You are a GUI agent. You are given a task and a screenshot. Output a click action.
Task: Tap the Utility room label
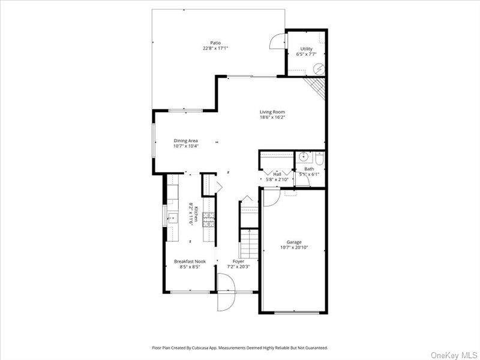306,49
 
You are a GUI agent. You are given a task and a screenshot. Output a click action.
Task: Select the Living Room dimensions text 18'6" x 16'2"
272,118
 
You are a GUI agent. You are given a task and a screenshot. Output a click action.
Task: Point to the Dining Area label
185,140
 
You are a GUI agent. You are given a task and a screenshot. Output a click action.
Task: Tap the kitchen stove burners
208,220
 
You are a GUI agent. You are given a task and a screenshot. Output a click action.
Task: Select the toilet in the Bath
319,158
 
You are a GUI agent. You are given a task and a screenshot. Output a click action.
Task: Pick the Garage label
294,242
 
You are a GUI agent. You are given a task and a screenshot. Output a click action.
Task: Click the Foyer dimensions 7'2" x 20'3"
238,266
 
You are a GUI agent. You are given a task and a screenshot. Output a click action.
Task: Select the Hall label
277,174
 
